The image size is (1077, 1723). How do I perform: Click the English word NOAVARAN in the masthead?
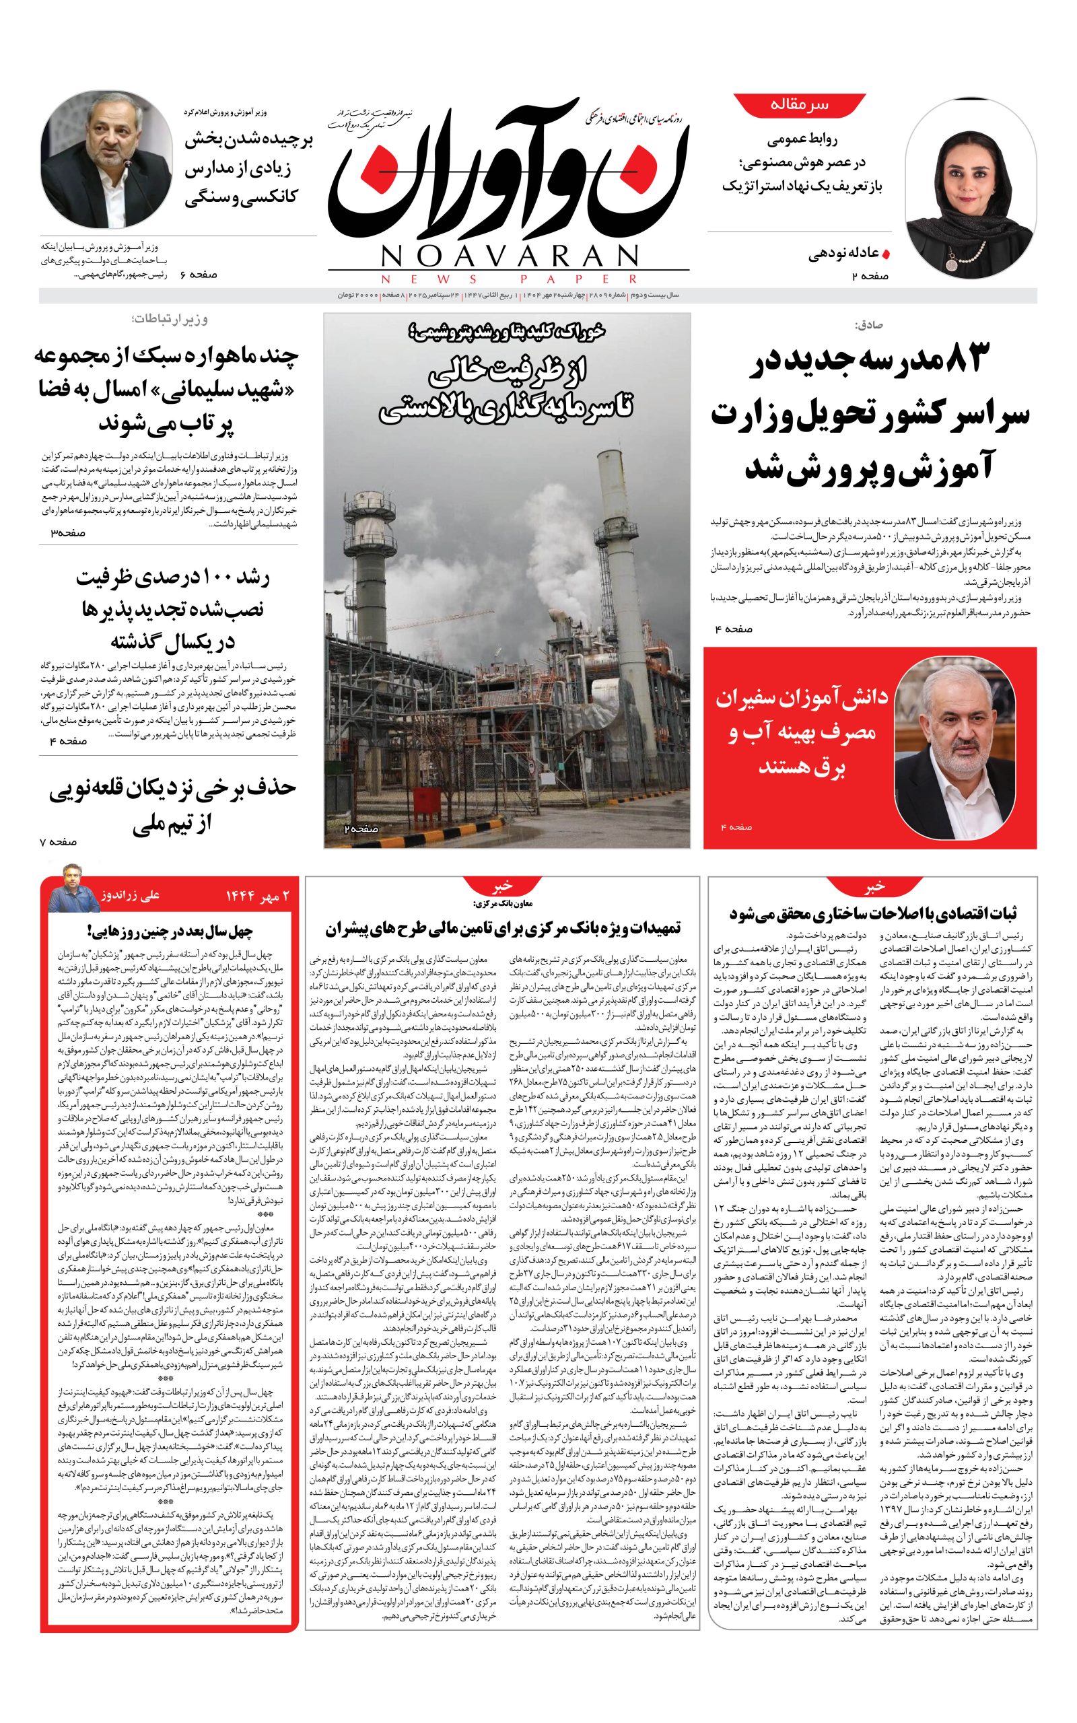coord(510,256)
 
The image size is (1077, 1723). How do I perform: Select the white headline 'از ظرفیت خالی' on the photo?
coord(506,372)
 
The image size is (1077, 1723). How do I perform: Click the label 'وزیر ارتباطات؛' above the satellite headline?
coord(170,320)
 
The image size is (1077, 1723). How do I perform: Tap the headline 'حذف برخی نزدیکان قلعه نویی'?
coord(173,789)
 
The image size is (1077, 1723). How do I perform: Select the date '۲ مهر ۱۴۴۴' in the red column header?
coord(258,896)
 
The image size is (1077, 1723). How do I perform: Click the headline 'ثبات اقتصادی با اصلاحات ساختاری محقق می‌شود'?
coord(872,913)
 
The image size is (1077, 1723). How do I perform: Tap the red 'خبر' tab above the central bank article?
coord(503,886)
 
